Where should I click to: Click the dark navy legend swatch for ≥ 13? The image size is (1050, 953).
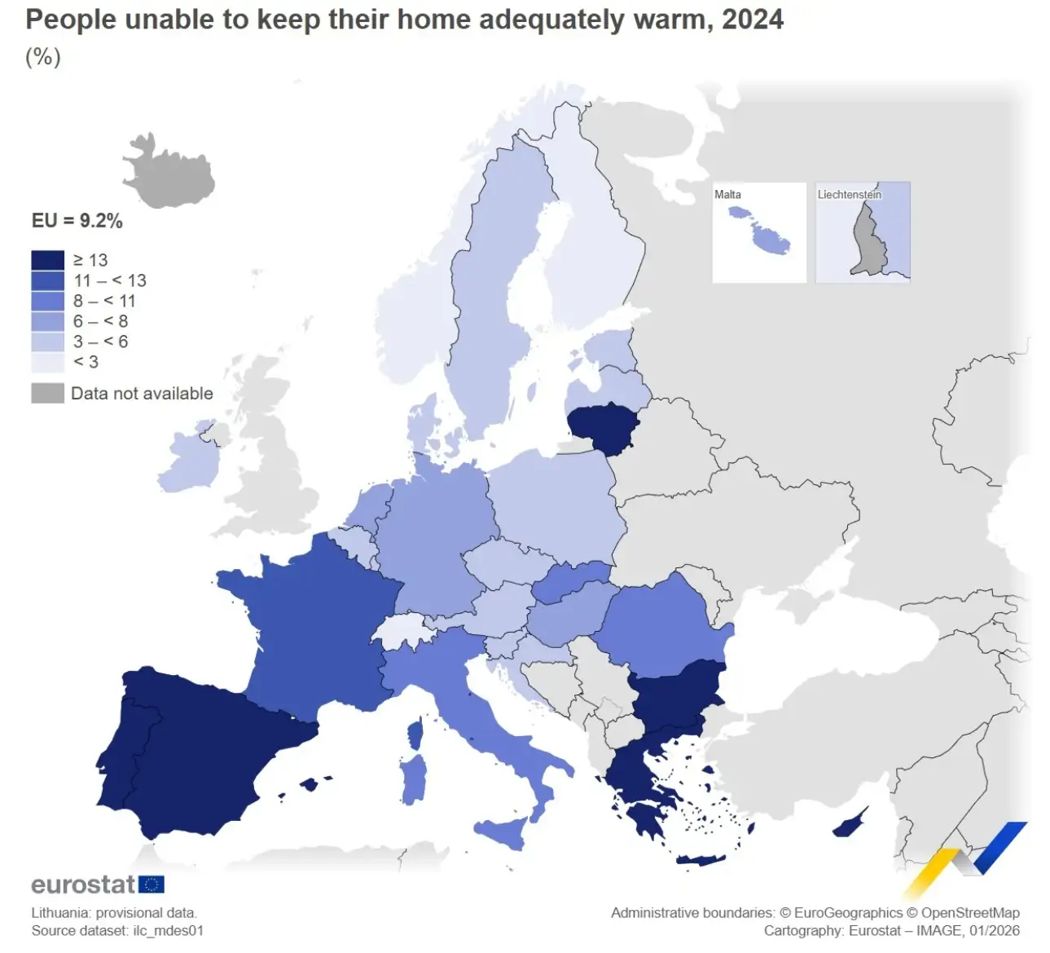[47, 260]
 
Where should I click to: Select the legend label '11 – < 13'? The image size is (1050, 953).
[110, 280]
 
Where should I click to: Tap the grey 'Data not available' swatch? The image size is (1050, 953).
[47, 393]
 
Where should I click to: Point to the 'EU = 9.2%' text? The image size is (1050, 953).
[77, 221]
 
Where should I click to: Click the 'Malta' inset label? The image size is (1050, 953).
[727, 195]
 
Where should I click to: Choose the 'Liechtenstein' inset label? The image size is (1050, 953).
[849, 195]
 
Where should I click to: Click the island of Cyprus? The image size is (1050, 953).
[849, 826]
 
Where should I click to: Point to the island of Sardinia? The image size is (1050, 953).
[414, 779]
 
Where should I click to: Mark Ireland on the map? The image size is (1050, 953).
[189, 461]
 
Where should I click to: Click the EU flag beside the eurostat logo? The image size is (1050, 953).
[152, 885]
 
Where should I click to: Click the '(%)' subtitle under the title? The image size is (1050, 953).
[43, 57]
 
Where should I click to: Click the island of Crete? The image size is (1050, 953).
[701, 859]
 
